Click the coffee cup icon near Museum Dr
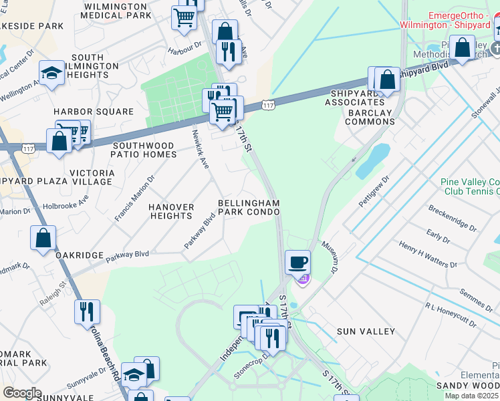[297, 262]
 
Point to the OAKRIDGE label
[80, 255]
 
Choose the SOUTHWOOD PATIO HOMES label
[144, 150]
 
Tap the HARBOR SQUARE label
[94, 111]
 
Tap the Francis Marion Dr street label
[134, 198]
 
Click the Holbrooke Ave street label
[65, 200]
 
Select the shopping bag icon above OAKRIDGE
[43, 238]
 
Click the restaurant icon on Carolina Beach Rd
[86, 311]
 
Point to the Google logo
[22, 393]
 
